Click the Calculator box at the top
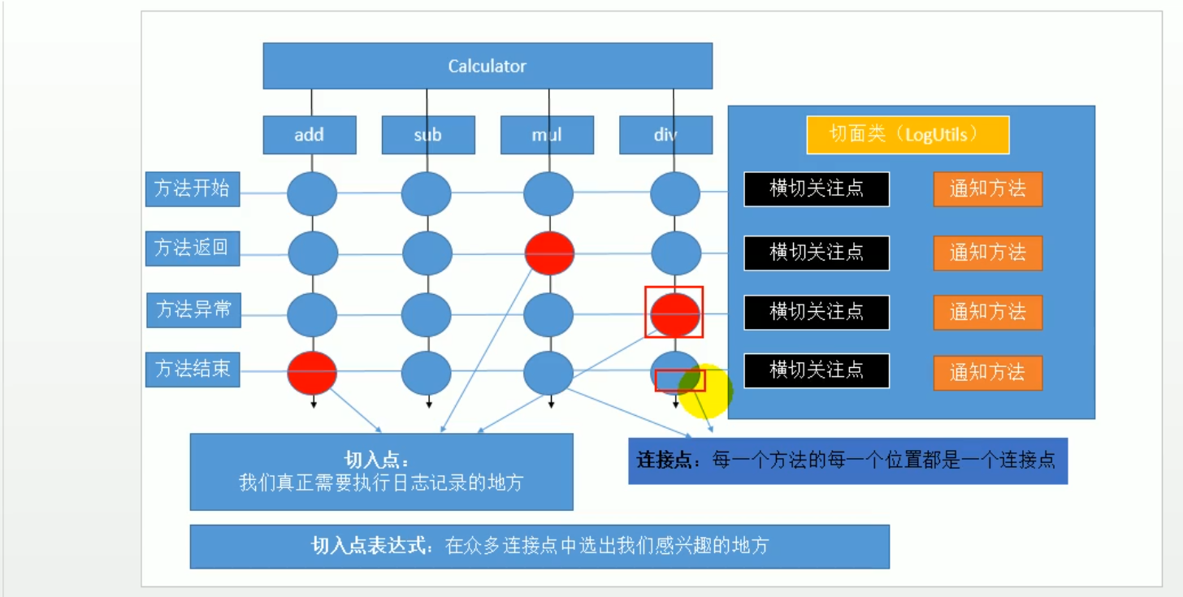487,66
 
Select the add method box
309,135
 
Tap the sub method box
428,135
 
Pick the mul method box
547,135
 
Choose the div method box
665,135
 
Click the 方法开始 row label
193,188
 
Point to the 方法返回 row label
193,248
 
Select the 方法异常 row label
193,309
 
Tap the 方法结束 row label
193,370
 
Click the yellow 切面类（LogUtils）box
908,135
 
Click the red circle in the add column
312,373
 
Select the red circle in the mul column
549,253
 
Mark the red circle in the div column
674,314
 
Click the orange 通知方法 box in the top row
987,189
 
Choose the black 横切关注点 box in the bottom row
817,371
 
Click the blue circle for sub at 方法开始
427,194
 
